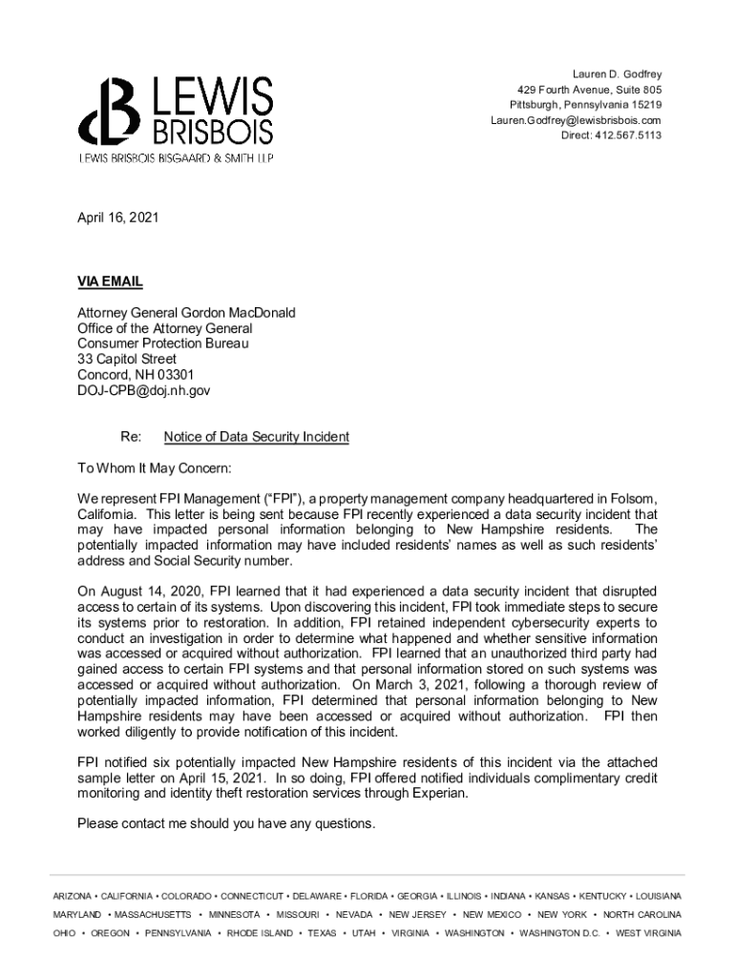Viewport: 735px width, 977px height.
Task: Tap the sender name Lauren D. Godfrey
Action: pos(617,73)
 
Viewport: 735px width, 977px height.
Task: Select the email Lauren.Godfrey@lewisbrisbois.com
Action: pos(576,120)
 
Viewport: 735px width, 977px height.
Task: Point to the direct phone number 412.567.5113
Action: pos(611,135)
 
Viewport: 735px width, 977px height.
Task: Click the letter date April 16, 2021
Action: pos(117,218)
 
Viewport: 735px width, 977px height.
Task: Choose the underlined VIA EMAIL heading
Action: pos(110,281)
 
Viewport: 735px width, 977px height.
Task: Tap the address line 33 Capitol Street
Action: pos(127,360)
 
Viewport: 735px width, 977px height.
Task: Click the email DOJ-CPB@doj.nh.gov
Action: pos(143,390)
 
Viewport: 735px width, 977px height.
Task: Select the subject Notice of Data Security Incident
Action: pos(256,437)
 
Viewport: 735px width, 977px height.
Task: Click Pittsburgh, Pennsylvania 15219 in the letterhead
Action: pos(585,104)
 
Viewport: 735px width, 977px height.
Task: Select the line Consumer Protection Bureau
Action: pos(156,343)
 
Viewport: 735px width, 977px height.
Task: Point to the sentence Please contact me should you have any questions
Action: pos(226,823)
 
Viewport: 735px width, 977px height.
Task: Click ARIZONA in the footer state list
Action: pos(73,896)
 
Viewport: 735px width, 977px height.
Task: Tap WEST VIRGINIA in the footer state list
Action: pos(648,933)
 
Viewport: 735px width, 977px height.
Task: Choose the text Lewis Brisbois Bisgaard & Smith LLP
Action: pos(176,157)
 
